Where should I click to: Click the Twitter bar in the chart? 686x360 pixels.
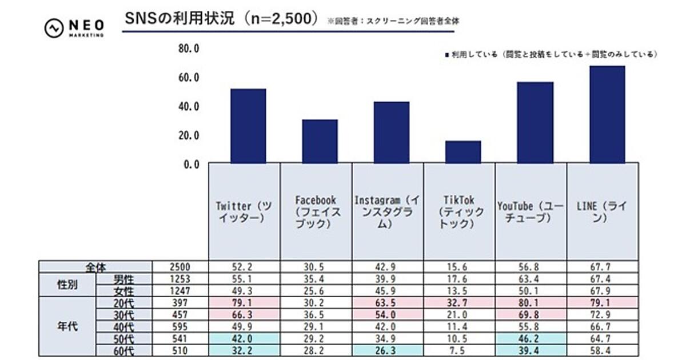coord(248,126)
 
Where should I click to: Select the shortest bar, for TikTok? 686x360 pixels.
coord(463,152)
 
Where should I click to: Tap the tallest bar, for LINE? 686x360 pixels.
coord(607,115)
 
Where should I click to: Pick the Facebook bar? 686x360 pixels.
coord(320,142)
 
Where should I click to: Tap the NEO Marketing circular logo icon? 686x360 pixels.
coord(54,29)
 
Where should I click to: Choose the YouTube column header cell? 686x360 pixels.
coord(531,212)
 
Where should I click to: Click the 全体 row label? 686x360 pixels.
coord(95,267)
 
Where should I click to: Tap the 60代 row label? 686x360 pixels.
coord(124,350)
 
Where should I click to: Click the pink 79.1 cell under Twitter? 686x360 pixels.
coord(244,302)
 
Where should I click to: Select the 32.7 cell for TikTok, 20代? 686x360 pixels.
coord(459,302)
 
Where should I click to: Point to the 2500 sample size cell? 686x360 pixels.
coord(180,267)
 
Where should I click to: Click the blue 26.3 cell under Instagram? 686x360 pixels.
coord(388,350)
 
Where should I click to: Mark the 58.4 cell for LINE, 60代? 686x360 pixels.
coord(603,350)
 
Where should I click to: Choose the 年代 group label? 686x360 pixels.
coord(67,326)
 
